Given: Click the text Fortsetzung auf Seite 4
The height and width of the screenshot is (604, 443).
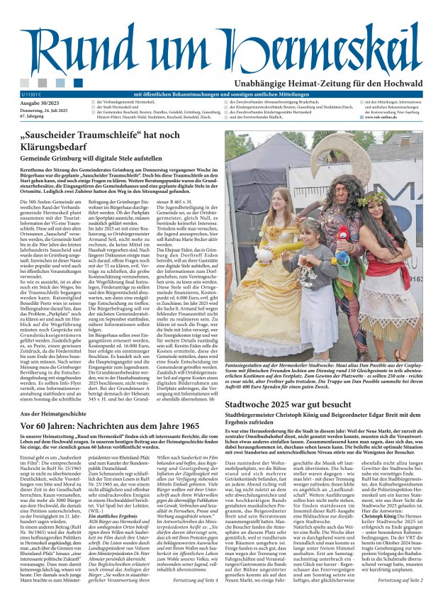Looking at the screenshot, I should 184,581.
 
